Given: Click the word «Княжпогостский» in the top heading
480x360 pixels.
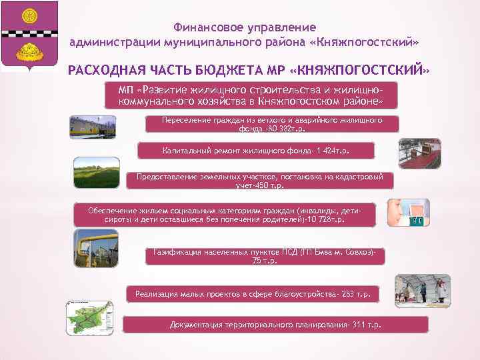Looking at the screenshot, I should (373, 42).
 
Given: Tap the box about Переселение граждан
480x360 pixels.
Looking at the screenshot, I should (271, 124).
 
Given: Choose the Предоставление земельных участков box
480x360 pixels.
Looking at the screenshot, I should (259, 181).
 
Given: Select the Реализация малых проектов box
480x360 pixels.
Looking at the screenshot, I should (253, 293).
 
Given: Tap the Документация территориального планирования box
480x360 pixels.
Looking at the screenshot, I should (275, 325).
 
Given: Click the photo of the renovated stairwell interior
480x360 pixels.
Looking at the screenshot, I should (419, 152).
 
